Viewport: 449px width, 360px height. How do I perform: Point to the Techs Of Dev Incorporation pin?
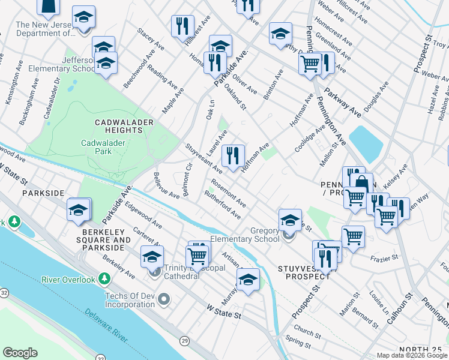[164, 298]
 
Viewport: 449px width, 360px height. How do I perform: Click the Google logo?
[20, 353]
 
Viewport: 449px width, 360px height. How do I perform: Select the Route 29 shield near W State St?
[184, 341]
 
